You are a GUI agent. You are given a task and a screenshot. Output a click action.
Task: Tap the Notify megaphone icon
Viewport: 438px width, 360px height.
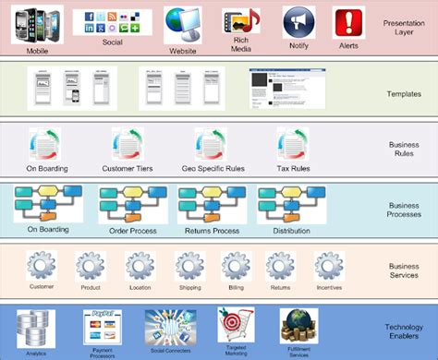click(298, 22)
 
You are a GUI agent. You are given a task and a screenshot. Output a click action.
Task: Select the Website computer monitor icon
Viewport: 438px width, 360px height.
click(183, 22)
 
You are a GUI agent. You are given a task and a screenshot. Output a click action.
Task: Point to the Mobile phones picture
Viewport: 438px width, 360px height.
click(36, 22)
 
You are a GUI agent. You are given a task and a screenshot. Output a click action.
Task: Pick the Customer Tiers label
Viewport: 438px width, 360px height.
click(128, 169)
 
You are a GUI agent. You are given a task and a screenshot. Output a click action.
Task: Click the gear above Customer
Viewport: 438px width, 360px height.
click(43, 266)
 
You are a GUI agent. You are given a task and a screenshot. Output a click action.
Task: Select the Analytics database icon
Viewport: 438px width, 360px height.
click(37, 326)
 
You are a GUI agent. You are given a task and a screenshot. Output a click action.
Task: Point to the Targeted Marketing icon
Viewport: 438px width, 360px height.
click(234, 325)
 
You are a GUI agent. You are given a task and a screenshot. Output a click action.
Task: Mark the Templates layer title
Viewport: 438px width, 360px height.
click(404, 93)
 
